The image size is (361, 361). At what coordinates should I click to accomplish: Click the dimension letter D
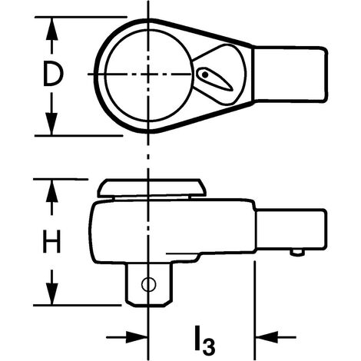[x=53, y=75]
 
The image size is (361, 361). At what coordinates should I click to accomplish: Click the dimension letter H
[x=51, y=241]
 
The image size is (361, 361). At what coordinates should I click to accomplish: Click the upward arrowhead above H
[x=52, y=191]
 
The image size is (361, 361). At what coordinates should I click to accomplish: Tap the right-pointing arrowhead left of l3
[x=137, y=337]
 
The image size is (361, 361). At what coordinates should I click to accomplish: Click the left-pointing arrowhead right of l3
[x=267, y=337]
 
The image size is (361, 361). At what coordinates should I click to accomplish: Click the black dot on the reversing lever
[x=205, y=75]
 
